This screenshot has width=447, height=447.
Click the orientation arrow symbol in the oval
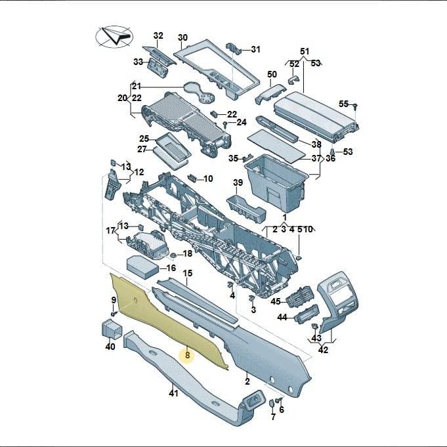tap(117, 35)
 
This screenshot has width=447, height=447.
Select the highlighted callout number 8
tap(187, 355)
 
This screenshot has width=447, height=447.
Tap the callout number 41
tap(173, 393)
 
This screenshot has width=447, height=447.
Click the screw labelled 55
tap(355, 106)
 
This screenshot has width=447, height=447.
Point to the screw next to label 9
tap(114, 314)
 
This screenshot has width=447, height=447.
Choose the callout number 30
tap(182, 37)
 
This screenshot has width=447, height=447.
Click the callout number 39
tap(238, 182)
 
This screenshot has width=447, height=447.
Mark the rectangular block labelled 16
tap(142, 267)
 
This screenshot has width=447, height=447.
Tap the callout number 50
tap(272, 74)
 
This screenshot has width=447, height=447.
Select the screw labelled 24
tap(225, 124)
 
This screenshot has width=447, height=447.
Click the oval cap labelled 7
tap(272, 403)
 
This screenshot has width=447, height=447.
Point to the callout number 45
tap(276, 301)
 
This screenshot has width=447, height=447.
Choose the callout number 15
tap(187, 273)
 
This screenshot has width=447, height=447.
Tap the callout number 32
tap(158, 35)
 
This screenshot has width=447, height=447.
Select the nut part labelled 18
tap(173, 255)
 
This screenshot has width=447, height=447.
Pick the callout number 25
tap(144, 138)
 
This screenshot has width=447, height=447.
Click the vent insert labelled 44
tap(306, 314)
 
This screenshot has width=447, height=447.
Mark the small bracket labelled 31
tap(234, 48)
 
